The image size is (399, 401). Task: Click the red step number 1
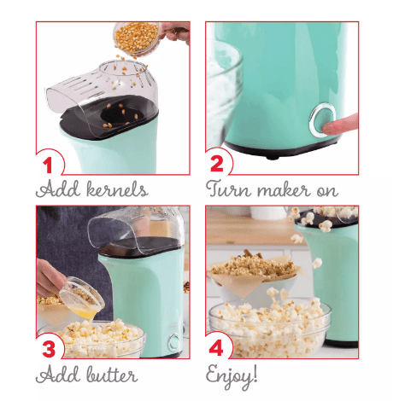click(48, 165)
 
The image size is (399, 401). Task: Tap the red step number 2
click(217, 164)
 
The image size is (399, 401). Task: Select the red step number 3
click(49, 349)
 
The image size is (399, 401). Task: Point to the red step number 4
click(216, 348)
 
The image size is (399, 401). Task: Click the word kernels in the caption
click(117, 189)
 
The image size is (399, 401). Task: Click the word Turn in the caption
click(229, 189)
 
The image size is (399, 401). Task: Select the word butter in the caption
click(112, 375)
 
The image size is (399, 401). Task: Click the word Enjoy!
click(232, 376)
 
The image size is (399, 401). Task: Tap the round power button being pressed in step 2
click(322, 119)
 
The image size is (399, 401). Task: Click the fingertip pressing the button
click(339, 125)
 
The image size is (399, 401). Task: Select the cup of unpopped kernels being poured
click(138, 38)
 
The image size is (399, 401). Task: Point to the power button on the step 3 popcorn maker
click(174, 342)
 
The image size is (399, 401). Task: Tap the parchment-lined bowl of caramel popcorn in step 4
click(255, 272)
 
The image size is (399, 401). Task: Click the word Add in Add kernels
click(58, 189)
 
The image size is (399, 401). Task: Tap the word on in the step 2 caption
click(327, 191)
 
